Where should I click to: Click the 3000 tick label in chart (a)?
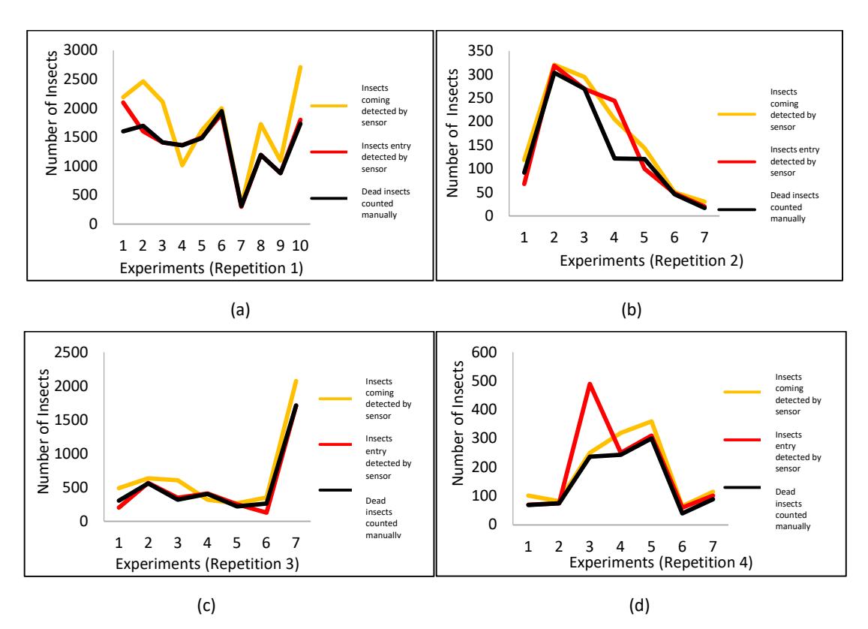point(81,50)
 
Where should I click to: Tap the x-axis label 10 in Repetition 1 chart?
point(300,246)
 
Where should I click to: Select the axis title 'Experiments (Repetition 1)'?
point(212,269)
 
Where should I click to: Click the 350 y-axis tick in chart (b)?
point(480,51)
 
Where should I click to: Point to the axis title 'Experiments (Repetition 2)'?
point(651,260)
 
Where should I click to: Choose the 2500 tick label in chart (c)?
point(71,352)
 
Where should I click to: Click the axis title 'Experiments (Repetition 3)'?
point(207,564)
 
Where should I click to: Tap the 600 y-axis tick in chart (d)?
point(484,352)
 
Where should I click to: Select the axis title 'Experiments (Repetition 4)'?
point(661,562)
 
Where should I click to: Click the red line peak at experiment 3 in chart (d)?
point(590,384)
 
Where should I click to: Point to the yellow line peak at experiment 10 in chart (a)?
point(301,67)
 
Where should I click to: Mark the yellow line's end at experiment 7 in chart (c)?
point(296,381)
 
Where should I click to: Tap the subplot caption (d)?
point(639,605)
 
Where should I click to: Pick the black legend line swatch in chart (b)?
point(737,209)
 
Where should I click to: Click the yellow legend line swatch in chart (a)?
point(329,105)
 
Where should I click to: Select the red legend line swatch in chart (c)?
point(335,444)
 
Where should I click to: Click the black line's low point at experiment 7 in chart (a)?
point(241,205)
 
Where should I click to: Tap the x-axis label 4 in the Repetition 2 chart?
point(614,237)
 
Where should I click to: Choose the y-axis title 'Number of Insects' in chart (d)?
point(458,423)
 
